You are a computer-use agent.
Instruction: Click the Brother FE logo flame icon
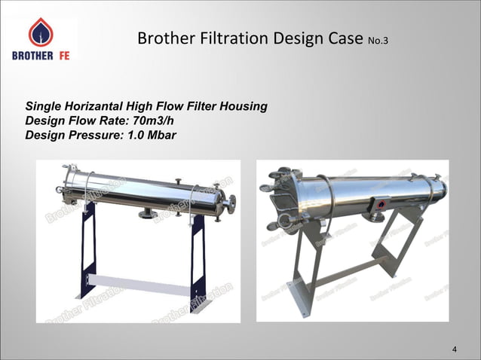(x=40, y=32)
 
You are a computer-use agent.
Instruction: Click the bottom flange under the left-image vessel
(x=148, y=215)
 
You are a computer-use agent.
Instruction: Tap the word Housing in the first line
(x=244, y=106)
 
